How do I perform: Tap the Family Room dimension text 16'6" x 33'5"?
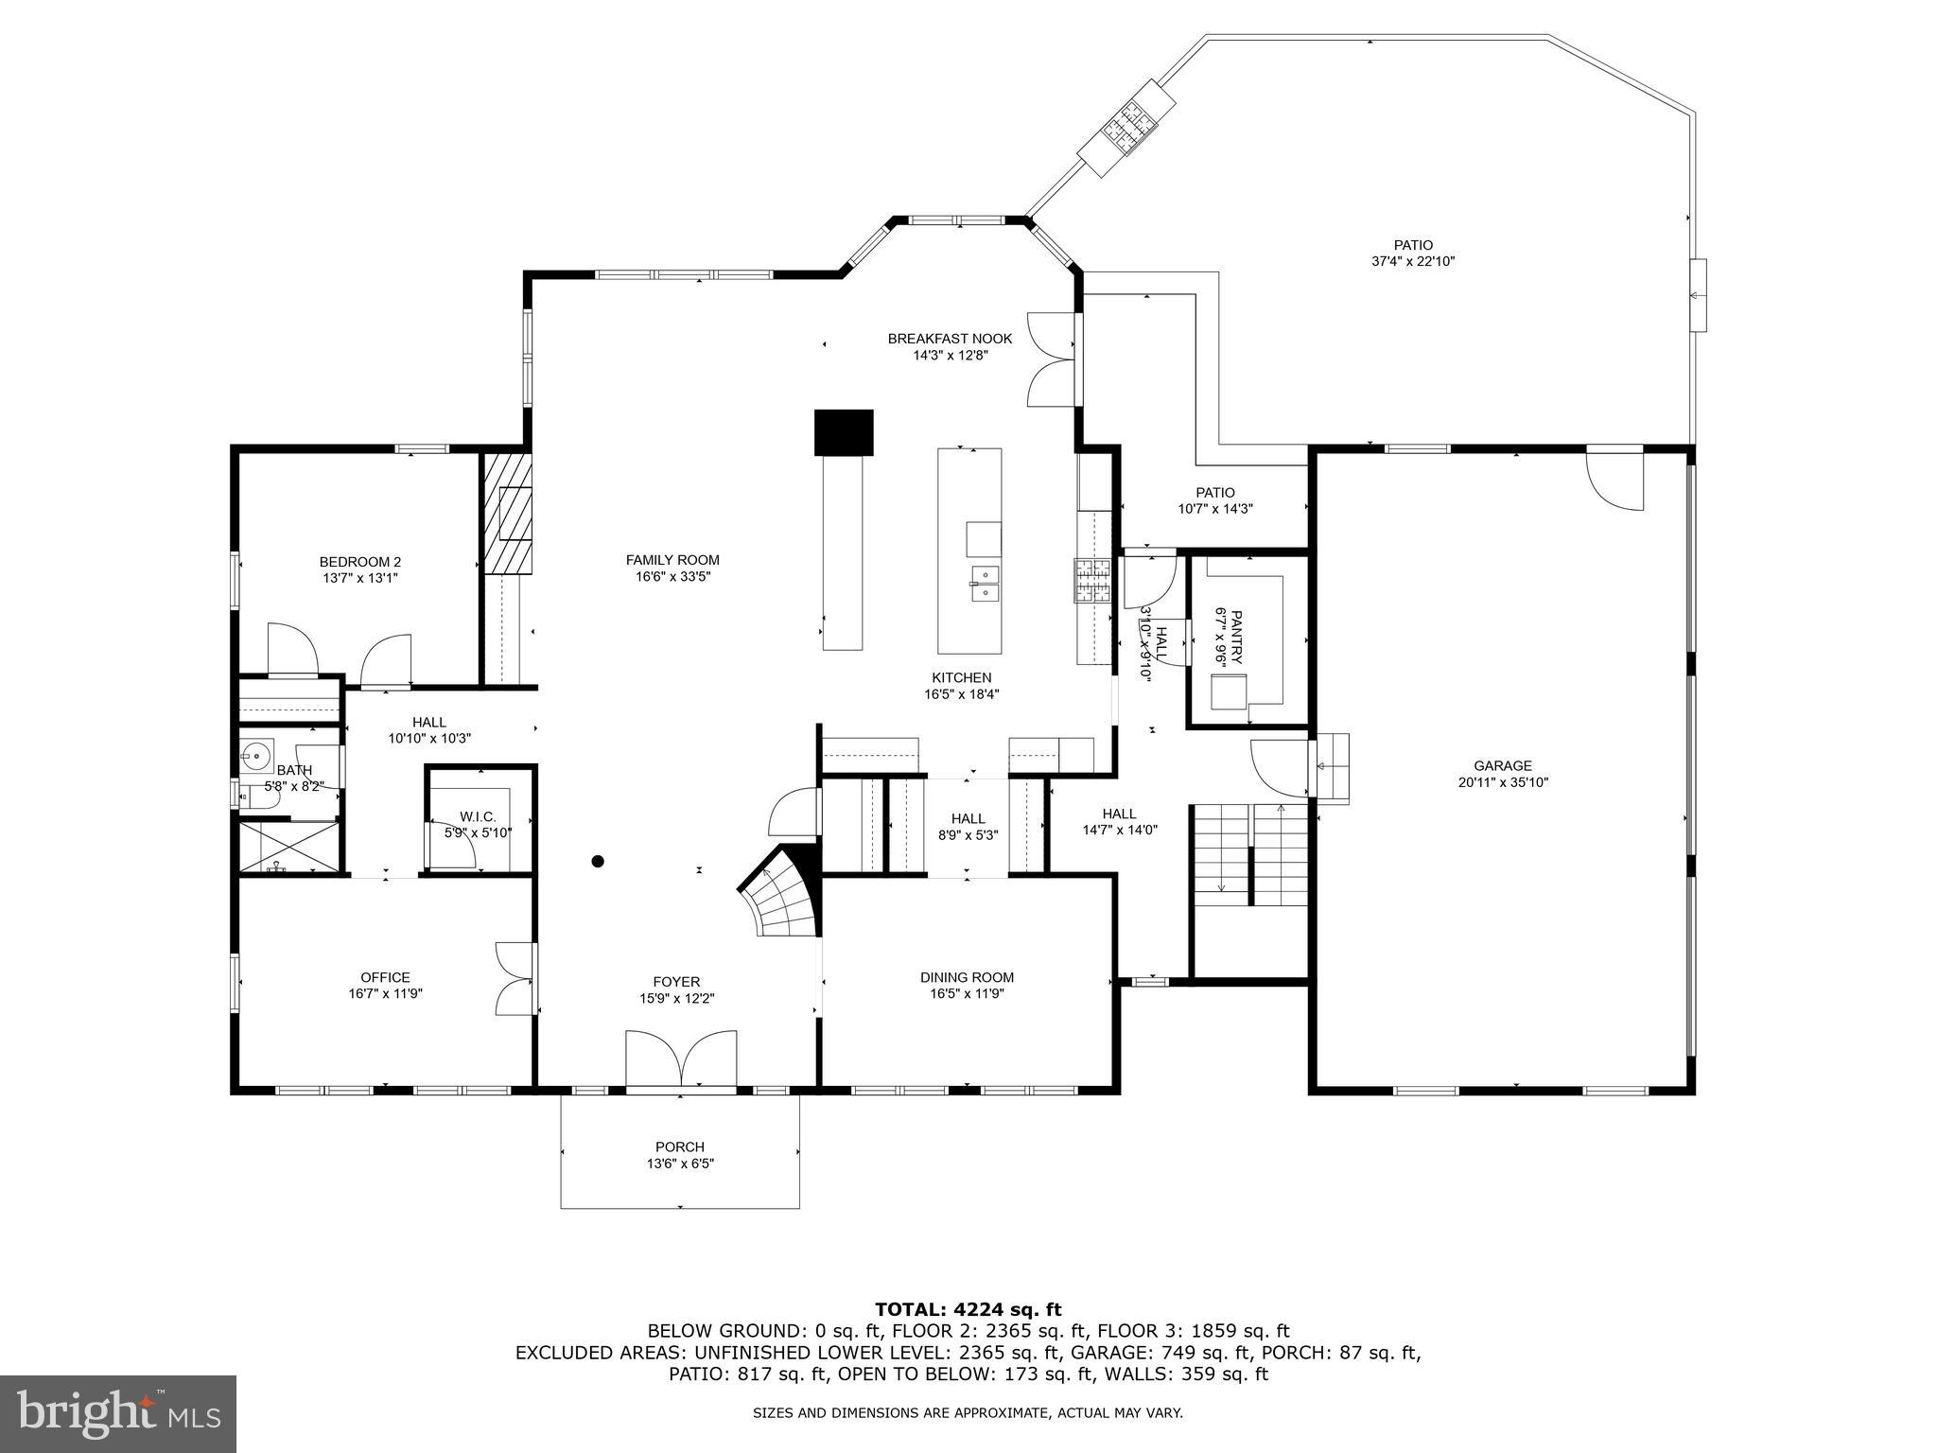[672, 576]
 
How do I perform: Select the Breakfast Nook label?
[950, 339]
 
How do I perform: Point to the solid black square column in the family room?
[843, 432]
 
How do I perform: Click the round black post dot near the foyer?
[598, 861]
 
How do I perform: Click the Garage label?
[1502, 766]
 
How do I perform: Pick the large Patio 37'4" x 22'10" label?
[1413, 245]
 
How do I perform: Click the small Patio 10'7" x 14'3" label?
[1215, 492]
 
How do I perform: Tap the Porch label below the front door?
[679, 1147]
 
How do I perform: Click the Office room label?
[385, 977]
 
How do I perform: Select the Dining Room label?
[967, 977]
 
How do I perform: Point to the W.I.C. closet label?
[478, 816]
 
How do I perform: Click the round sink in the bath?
[254, 755]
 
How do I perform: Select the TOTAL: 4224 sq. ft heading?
[968, 1309]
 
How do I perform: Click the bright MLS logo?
[118, 1413]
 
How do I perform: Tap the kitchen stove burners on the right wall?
[1092, 580]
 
